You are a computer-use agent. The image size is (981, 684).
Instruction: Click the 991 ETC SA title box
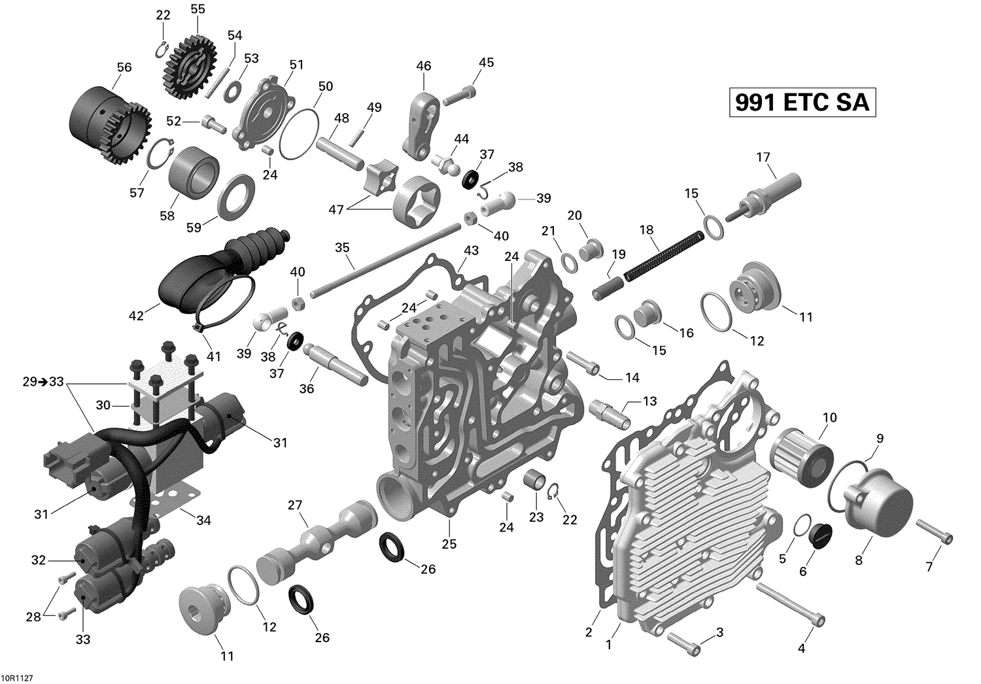pyautogui.click(x=802, y=103)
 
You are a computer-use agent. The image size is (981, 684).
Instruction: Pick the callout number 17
pyautogui.click(x=763, y=157)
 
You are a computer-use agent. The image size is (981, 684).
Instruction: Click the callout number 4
pyautogui.click(x=802, y=649)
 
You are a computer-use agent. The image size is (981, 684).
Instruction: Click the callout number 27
pyautogui.click(x=295, y=505)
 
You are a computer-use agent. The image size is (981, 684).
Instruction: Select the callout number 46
pyautogui.click(x=424, y=65)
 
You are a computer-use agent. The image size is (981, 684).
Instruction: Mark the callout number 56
pyautogui.click(x=124, y=67)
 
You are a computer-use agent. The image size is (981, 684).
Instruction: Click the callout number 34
pyautogui.click(x=204, y=521)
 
